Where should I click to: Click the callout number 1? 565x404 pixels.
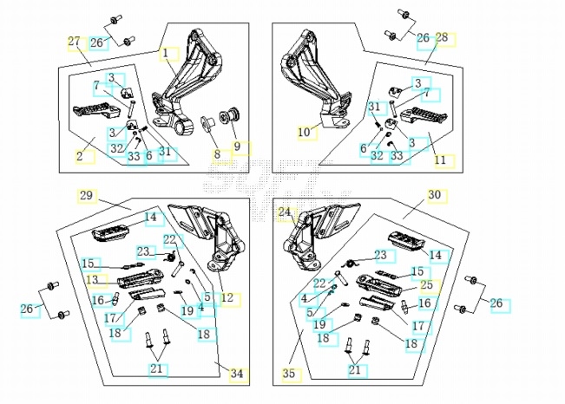tap(165, 54)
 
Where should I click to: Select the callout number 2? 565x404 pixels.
tap(80, 157)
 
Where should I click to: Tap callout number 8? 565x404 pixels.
tap(218, 155)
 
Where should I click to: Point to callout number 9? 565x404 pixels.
tap(237, 147)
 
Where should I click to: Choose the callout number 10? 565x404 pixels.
tap(304, 133)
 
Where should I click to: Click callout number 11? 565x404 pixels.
tap(440, 160)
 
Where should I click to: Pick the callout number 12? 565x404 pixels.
tap(227, 298)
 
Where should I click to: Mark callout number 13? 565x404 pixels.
tap(92, 279)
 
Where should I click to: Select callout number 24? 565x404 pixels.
tap(285, 212)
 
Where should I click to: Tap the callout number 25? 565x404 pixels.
tap(425, 284)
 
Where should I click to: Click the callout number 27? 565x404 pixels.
tap(74, 42)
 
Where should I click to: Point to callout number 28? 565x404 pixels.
tap(442, 38)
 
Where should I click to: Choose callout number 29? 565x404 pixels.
tap(85, 195)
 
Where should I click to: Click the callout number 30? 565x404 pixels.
tap(435, 195)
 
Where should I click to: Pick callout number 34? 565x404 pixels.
tap(237, 374)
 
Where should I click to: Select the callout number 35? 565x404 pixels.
tap(289, 374)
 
